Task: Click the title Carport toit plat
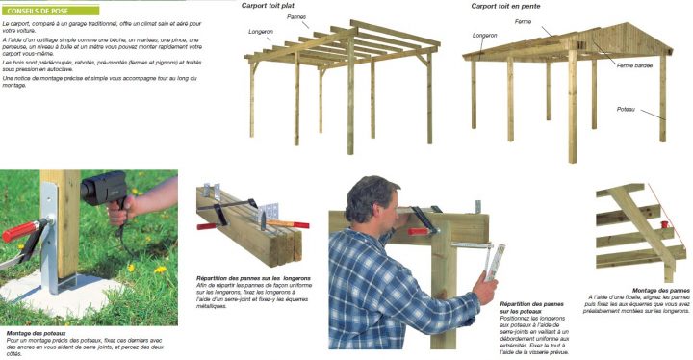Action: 268,6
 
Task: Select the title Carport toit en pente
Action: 504,6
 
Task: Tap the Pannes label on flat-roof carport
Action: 297,16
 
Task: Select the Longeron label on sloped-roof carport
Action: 485,36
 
